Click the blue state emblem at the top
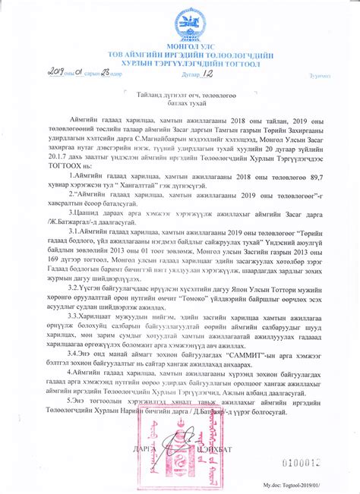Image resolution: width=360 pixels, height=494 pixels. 181,24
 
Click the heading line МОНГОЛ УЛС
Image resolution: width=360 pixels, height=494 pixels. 180,47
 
